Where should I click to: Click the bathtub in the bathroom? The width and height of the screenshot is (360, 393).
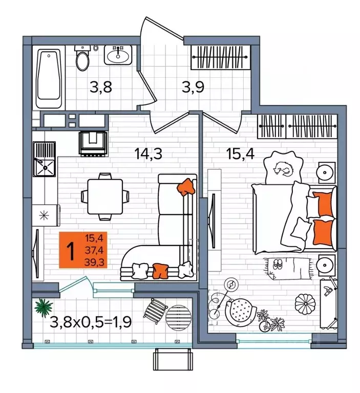click(49, 78)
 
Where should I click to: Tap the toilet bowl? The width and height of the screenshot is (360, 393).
click(82, 58)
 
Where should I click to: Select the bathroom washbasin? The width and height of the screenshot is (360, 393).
click(118, 55)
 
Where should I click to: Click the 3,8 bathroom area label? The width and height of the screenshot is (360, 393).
click(100, 87)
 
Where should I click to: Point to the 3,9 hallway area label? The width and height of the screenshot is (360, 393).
click(193, 87)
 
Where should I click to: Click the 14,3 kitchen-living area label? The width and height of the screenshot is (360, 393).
click(149, 154)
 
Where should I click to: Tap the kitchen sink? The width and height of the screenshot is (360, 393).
click(45, 159)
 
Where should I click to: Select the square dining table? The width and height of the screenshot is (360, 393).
click(105, 196)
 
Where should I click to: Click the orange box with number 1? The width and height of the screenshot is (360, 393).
click(83, 250)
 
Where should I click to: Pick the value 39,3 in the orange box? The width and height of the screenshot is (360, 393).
click(94, 262)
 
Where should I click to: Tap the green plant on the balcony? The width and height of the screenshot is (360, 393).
click(44, 308)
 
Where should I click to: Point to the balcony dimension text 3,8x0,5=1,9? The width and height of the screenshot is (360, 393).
click(91, 322)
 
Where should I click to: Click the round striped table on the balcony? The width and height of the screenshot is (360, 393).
click(178, 318)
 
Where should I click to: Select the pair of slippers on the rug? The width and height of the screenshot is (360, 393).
click(278, 264)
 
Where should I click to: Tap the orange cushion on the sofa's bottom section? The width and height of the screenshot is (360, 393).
click(160, 271)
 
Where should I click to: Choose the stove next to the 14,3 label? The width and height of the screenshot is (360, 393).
click(93, 144)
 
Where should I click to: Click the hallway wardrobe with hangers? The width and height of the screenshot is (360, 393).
click(221, 57)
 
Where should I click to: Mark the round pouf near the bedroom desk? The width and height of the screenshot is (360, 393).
click(305, 304)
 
